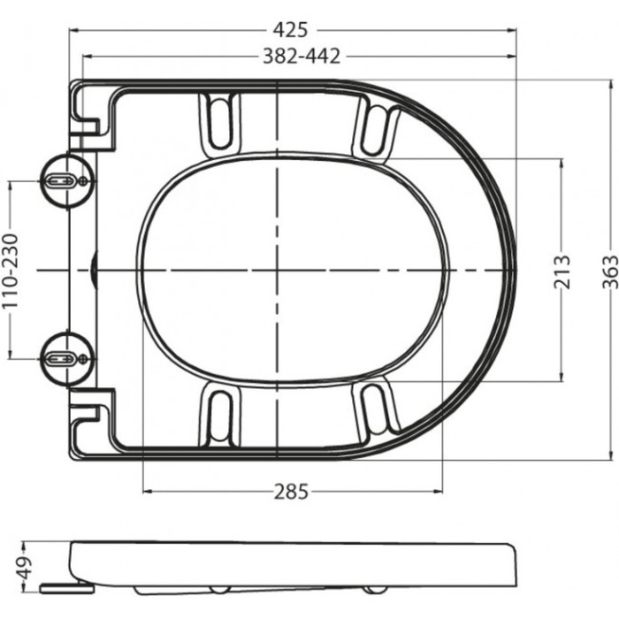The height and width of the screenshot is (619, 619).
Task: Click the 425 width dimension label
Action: [291, 29]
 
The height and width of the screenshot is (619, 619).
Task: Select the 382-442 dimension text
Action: [302, 56]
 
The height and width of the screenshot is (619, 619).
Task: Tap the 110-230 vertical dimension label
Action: [10, 271]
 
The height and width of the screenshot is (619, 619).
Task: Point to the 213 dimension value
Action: [563, 271]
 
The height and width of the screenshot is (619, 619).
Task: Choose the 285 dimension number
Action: [291, 492]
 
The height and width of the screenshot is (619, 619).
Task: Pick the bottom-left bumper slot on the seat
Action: [220, 415]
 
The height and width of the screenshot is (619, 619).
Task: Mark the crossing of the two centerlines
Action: [278, 269]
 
